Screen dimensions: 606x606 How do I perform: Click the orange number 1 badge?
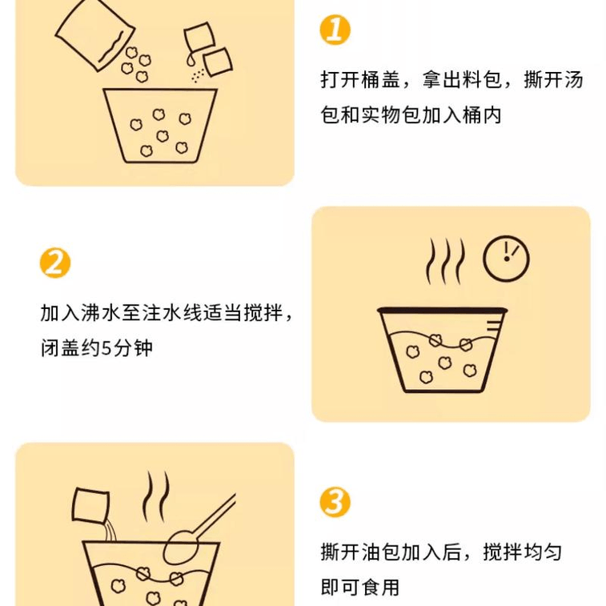coord(335,30)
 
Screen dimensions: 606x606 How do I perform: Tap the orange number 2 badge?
coord(55,263)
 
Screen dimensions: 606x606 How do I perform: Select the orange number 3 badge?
coord(335,503)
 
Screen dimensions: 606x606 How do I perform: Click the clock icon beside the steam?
coord(506,258)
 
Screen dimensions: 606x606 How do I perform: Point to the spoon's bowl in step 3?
coord(180,548)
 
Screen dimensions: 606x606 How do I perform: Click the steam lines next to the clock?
coord(445,261)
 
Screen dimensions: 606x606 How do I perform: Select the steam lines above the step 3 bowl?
coord(156,496)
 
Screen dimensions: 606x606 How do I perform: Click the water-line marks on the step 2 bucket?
coord(493,326)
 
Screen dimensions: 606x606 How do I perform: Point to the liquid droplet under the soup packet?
coord(191,60)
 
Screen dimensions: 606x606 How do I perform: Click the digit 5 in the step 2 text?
coord(106,348)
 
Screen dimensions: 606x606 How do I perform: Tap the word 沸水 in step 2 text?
coord(101,313)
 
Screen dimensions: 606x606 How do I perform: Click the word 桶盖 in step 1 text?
coord(381,80)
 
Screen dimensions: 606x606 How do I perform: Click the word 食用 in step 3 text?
coord(381,587)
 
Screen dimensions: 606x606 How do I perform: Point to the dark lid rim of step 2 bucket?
coord(442,310)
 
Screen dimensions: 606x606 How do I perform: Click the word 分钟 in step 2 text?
coord(133,348)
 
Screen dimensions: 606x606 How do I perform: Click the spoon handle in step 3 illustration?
coord(214,514)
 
